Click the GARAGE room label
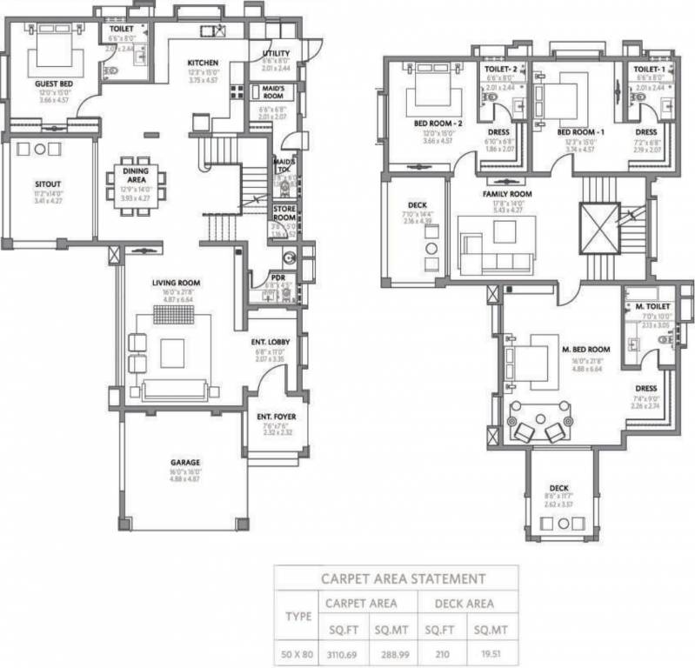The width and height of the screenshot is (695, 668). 184,463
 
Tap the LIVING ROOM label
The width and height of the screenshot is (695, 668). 177,283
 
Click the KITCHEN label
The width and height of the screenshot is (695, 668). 203,63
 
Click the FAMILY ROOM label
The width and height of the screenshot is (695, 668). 507,194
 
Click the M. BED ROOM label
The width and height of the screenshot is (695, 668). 585,349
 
